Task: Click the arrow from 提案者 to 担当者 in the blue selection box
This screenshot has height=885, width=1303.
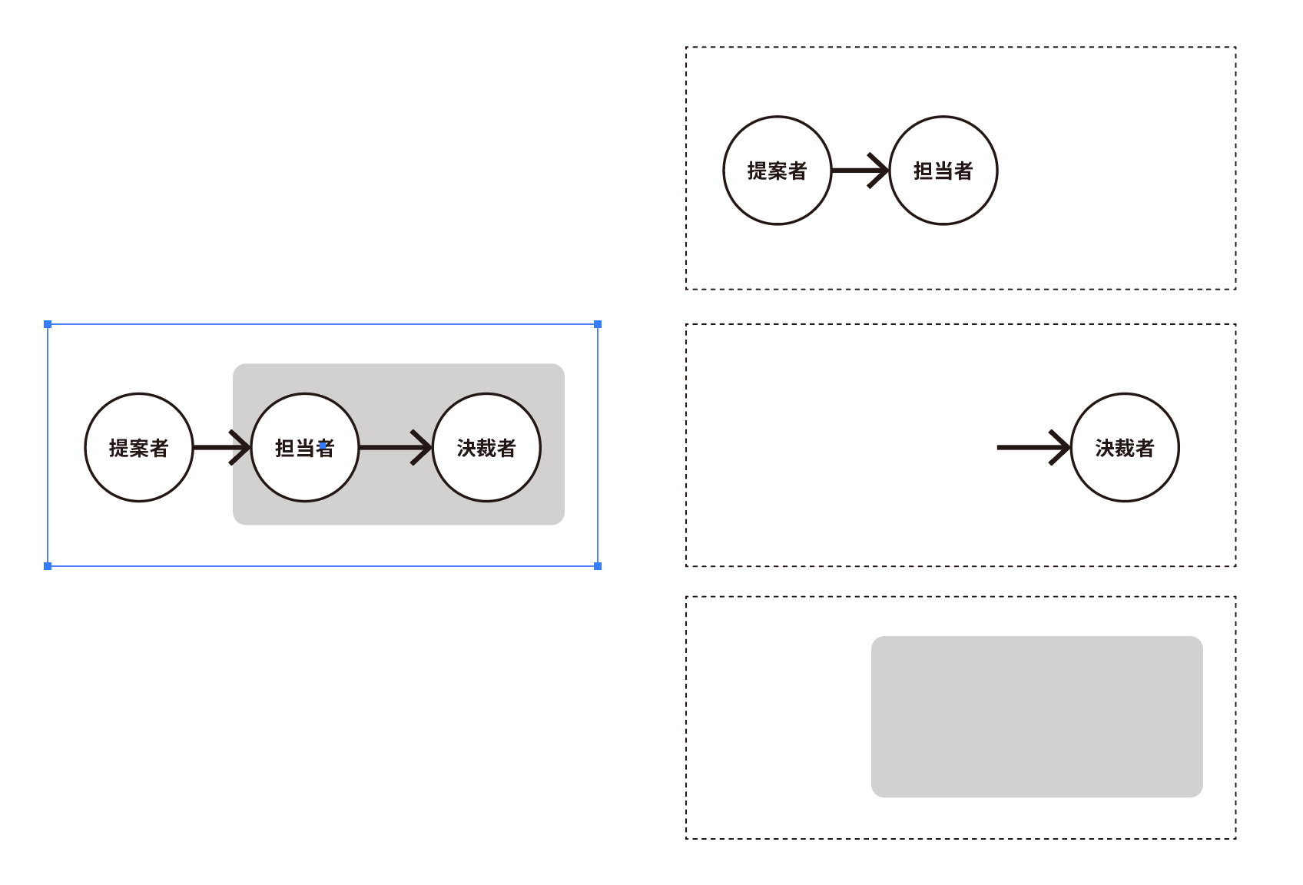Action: (x=222, y=448)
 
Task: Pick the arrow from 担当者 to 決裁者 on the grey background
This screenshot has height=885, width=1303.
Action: (x=396, y=448)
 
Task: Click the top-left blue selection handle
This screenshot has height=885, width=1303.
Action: (x=48, y=324)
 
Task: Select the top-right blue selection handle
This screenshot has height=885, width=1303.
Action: (x=598, y=324)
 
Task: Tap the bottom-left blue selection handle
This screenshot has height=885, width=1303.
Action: (x=48, y=566)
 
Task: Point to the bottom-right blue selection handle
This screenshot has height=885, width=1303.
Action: (x=598, y=566)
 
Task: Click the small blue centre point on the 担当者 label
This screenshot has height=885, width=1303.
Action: (x=323, y=446)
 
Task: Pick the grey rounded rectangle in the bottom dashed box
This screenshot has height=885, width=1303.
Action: (x=1037, y=717)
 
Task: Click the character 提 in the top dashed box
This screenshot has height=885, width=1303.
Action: (x=758, y=171)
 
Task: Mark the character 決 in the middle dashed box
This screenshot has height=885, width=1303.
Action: (x=1105, y=449)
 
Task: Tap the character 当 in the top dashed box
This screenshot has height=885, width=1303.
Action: (x=943, y=171)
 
